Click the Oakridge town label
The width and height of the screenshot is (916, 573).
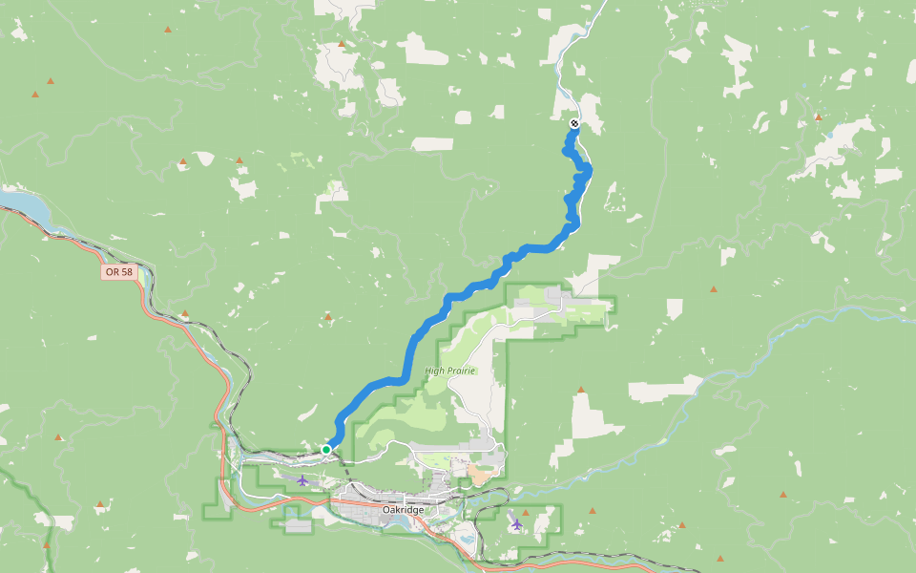402,510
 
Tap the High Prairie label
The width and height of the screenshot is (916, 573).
449,371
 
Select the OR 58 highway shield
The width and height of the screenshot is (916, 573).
118,272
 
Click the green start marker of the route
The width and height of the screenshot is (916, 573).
326,449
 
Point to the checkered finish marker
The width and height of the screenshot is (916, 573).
574,123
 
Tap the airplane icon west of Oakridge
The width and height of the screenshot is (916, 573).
302,480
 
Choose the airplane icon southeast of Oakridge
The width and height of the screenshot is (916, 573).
516,523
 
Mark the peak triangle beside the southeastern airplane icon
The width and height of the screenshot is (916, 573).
525,512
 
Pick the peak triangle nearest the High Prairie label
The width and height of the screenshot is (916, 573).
581,390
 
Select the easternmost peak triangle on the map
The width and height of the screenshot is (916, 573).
818,117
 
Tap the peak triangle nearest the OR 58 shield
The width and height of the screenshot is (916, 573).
184,313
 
